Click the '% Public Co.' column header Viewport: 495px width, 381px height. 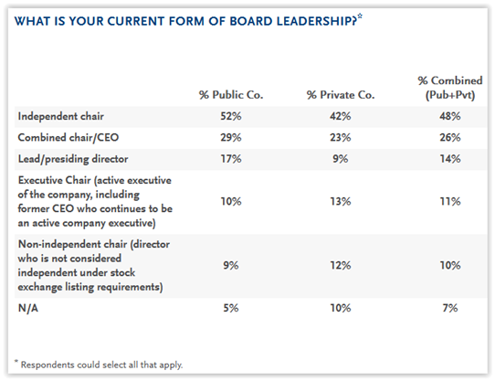pyautogui.click(x=231, y=95)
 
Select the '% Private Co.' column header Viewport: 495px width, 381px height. pyautogui.click(x=341, y=95)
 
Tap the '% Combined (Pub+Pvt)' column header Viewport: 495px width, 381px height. pyautogui.click(x=450, y=88)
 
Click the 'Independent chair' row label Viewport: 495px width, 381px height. pyautogui.click(x=61, y=116)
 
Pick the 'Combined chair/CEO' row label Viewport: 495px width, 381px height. pyautogui.click(x=68, y=138)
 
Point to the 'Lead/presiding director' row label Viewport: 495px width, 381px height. pyautogui.click(x=73, y=159)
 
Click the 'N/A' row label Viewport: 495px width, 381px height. pyautogui.click(x=28, y=308)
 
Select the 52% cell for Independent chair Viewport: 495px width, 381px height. pyautogui.click(x=231, y=116)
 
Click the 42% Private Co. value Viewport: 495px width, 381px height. pyautogui.click(x=341, y=116)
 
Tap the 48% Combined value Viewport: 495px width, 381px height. pyautogui.click(x=450, y=116)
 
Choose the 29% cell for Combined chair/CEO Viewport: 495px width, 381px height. pyautogui.click(x=231, y=138)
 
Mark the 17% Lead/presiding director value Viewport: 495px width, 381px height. pyautogui.click(x=231, y=159)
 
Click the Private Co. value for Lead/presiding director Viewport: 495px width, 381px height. pyautogui.click(x=341, y=159)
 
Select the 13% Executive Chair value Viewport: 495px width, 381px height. pyautogui.click(x=341, y=202)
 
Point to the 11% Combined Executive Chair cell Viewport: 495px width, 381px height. pyautogui.click(x=450, y=202)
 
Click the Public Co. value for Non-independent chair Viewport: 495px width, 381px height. pyautogui.click(x=231, y=265)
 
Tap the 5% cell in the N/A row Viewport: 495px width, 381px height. pyautogui.click(x=231, y=308)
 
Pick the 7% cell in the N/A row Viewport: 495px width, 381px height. pyautogui.click(x=450, y=308)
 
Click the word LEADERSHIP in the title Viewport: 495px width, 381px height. pyautogui.click(x=317, y=22)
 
